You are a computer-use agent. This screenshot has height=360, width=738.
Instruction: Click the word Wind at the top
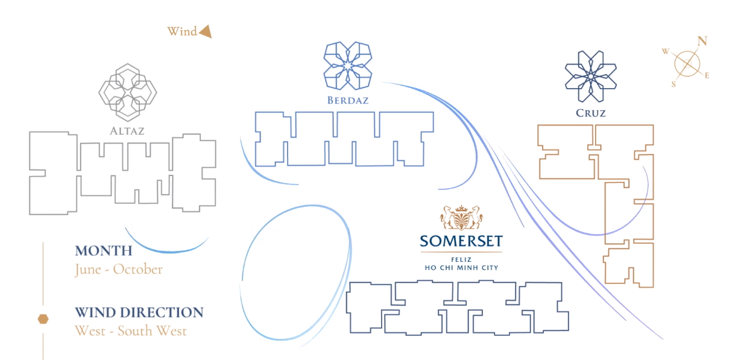(x=182, y=31)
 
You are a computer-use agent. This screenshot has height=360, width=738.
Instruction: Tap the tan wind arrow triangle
(x=206, y=31)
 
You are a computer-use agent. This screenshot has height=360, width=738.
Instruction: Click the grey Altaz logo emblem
(x=127, y=92)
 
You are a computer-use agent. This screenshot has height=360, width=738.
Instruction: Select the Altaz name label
(x=127, y=130)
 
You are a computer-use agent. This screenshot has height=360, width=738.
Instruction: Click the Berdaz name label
(x=347, y=100)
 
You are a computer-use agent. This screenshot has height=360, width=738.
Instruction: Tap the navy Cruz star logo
(x=590, y=77)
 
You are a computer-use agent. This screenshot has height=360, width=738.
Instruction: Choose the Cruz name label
(x=590, y=113)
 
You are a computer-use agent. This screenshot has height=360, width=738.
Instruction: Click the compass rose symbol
(x=687, y=64)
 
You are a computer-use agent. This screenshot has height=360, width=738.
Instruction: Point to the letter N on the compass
(x=702, y=41)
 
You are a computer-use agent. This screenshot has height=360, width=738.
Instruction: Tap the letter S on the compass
(x=673, y=84)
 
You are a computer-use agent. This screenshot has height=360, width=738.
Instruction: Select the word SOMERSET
(x=461, y=241)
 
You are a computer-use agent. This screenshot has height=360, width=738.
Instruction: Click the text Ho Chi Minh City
(x=461, y=267)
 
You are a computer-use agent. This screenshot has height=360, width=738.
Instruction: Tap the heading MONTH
(x=103, y=251)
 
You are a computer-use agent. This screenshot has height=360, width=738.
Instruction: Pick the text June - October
(x=119, y=269)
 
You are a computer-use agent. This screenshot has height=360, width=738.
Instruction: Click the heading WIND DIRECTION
(x=139, y=312)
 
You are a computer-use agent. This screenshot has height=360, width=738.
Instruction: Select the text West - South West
(x=131, y=330)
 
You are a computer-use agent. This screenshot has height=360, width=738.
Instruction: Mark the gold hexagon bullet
(x=43, y=318)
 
